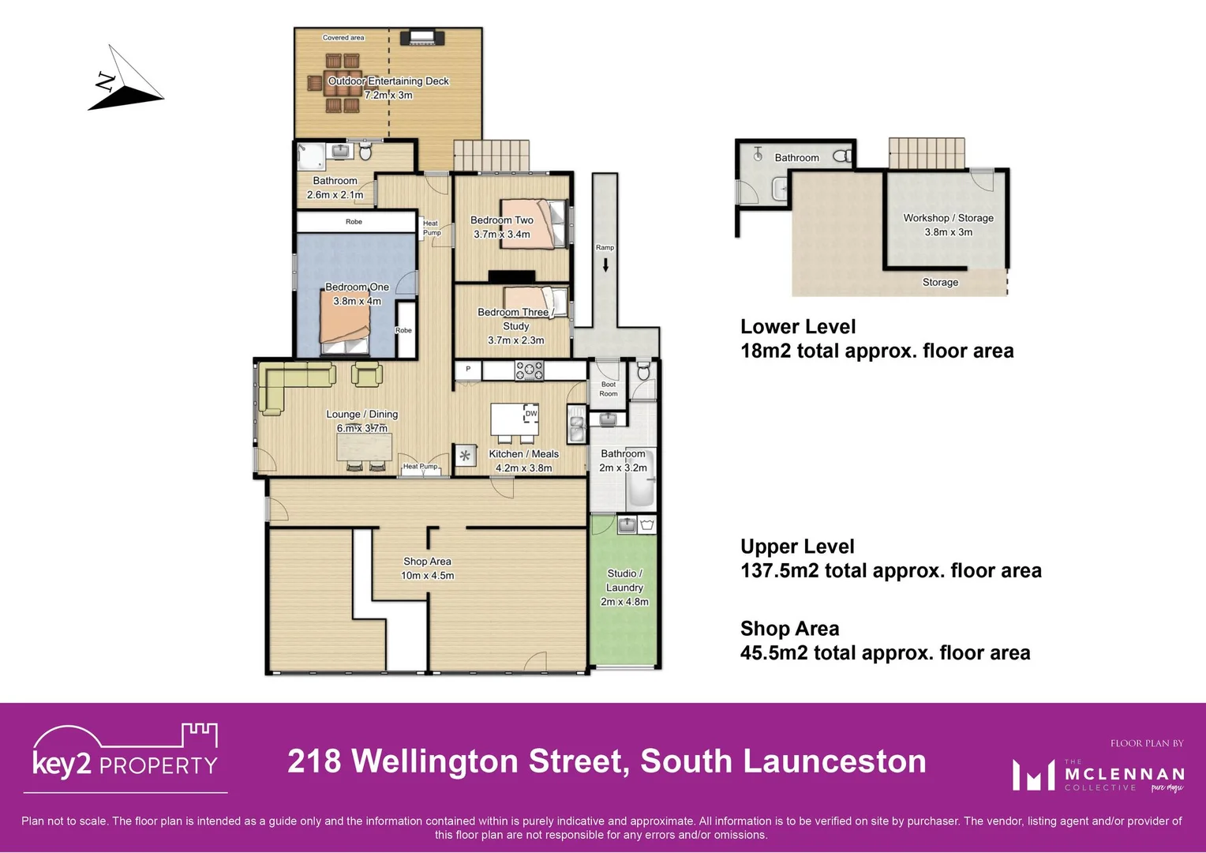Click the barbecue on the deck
tap(422, 37)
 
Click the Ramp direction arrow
tap(605, 265)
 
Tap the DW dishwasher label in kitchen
tap(531, 413)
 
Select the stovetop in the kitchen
tap(529, 370)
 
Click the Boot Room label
tap(608, 389)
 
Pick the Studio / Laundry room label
tap(624, 588)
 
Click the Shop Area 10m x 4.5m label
tap(427, 568)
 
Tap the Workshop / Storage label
tap(948, 224)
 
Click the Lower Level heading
tap(798, 326)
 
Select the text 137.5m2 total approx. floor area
tap(890, 570)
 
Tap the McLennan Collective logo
tap(1098, 774)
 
